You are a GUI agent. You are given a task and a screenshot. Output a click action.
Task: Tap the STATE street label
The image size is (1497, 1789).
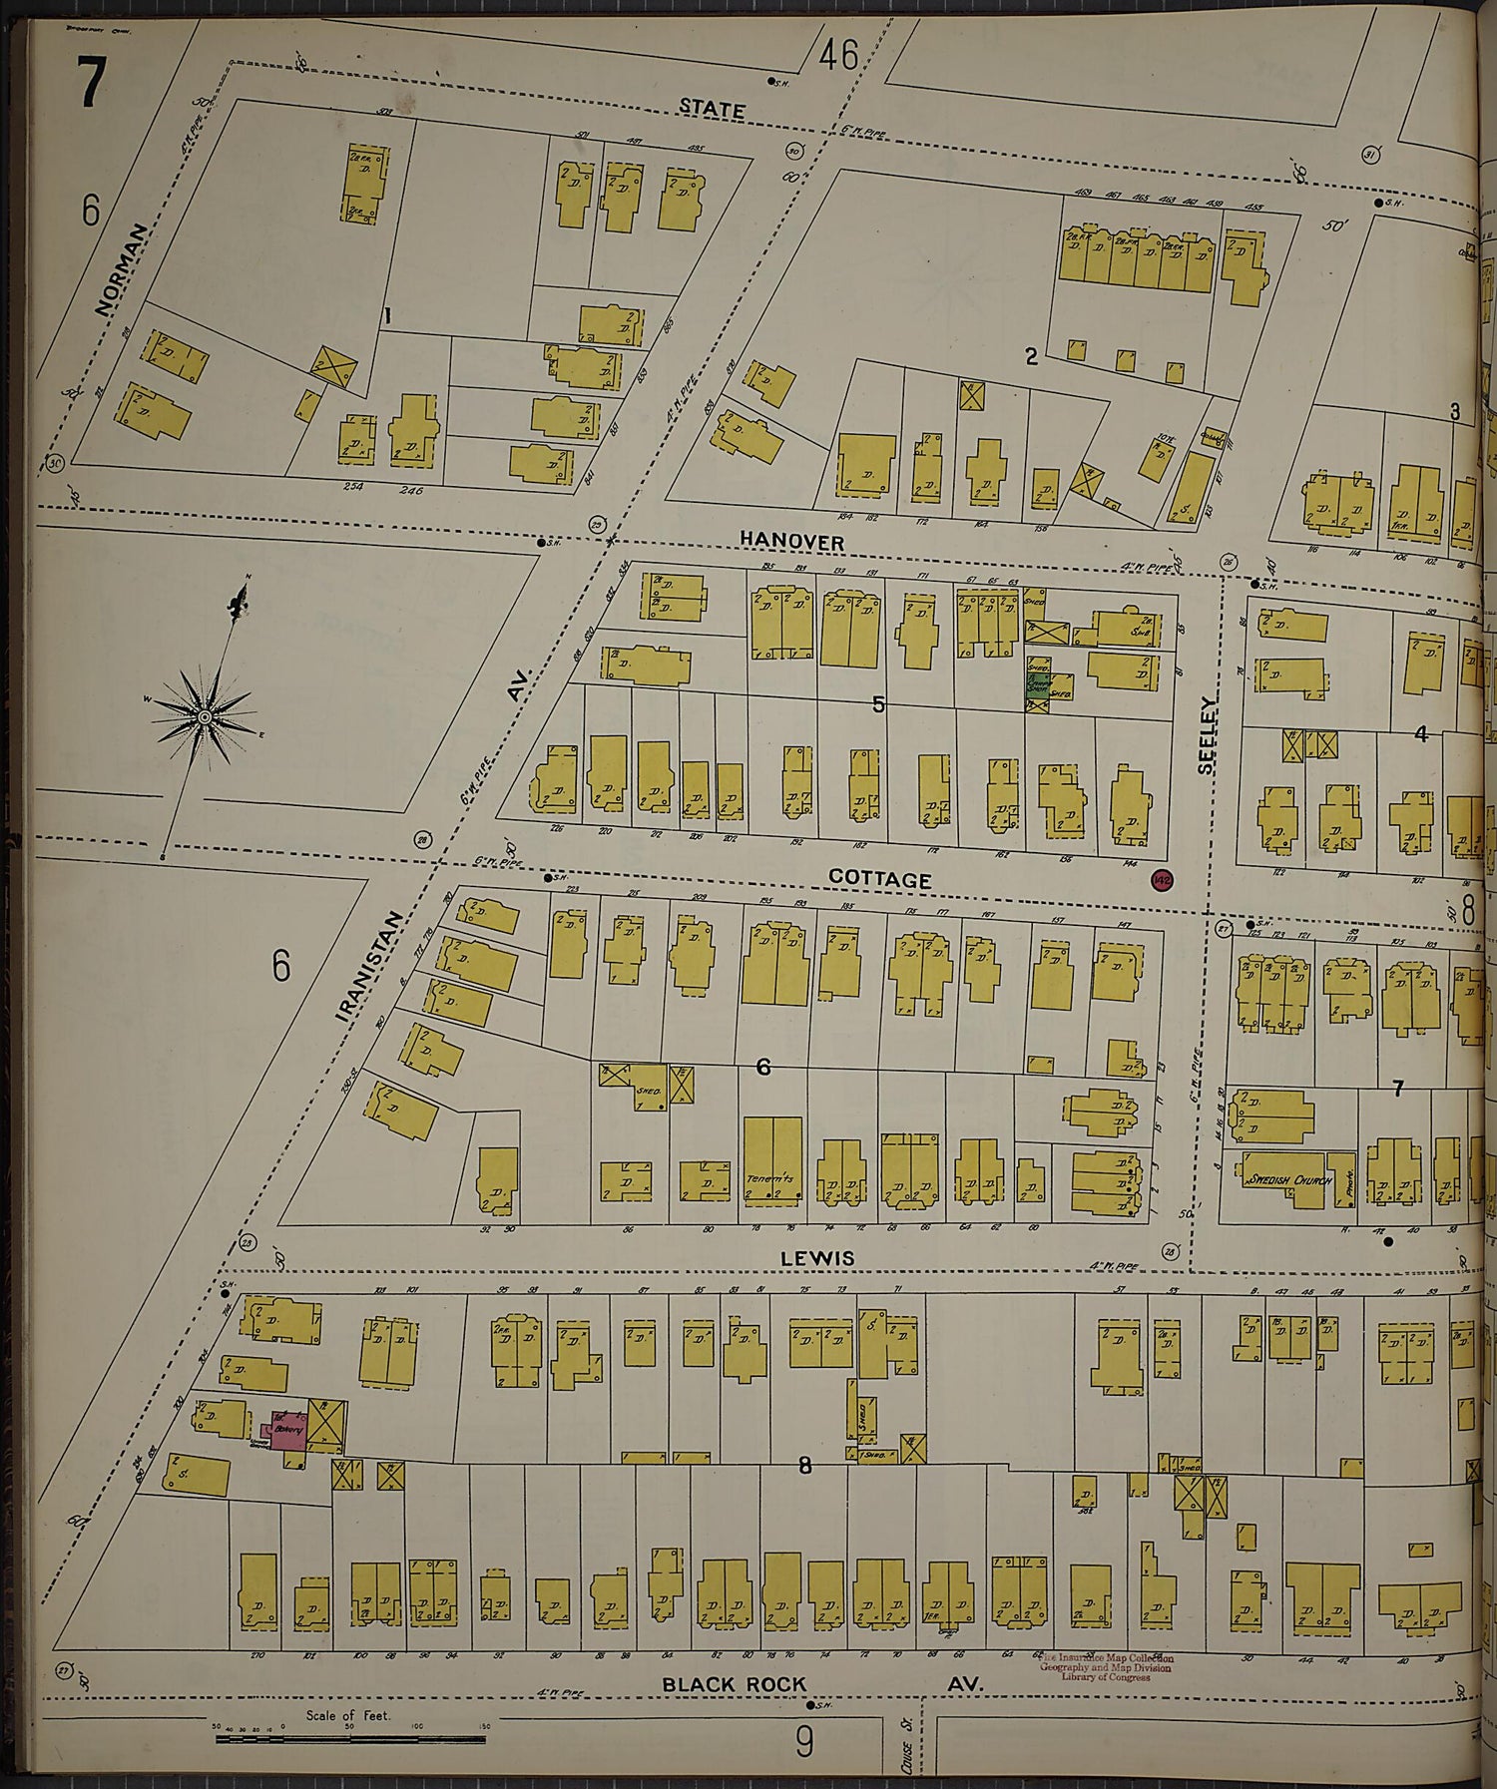(x=712, y=109)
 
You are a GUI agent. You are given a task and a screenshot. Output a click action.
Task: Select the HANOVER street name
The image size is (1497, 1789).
(x=791, y=541)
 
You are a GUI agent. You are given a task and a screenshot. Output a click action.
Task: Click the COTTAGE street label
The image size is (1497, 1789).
(x=879, y=879)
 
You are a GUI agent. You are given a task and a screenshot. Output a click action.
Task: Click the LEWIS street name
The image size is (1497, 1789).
(x=817, y=1258)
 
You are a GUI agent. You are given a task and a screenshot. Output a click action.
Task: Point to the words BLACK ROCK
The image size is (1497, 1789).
(x=734, y=1684)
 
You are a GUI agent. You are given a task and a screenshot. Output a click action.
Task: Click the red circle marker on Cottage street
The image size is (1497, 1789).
(x=1162, y=880)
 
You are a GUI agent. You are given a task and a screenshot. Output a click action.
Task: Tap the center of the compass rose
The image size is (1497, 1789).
(x=205, y=716)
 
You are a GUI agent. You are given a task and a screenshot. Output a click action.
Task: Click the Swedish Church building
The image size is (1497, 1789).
(x=1287, y=1180)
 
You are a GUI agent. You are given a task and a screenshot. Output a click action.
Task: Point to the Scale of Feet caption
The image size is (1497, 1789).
(x=348, y=1716)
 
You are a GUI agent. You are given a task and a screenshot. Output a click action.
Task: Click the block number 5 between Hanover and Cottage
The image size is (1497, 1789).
(x=878, y=704)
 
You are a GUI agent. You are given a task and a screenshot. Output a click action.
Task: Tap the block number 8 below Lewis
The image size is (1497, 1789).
(x=804, y=1466)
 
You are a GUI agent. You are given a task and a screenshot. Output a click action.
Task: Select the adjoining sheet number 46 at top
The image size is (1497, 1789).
(x=838, y=55)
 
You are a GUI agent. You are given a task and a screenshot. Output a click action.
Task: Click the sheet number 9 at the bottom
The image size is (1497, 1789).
(x=804, y=1742)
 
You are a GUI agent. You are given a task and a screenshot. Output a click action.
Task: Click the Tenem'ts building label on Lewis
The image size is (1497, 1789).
(x=770, y=1179)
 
